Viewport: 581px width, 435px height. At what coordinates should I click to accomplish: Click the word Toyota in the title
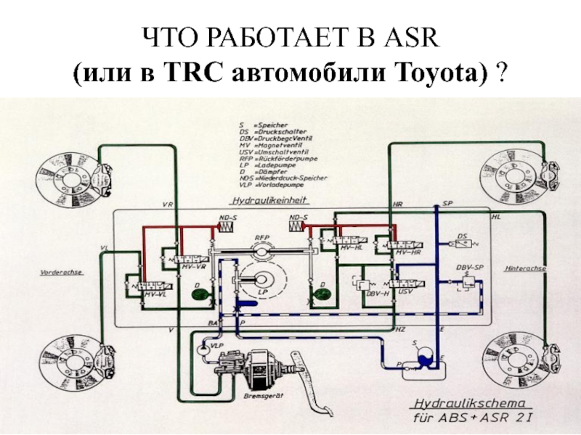(x=450, y=72)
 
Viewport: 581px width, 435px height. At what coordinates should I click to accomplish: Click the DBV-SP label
(x=469, y=268)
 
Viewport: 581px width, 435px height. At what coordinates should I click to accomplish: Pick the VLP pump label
(x=216, y=347)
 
